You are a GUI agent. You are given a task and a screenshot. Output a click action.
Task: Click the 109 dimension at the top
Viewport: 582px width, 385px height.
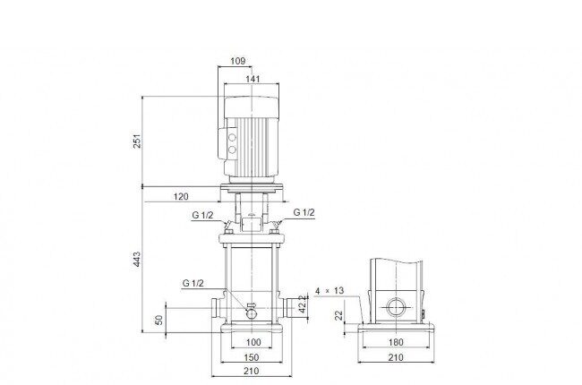[238, 61]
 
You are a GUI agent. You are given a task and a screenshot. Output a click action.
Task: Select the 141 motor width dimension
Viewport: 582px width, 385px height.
[252, 79]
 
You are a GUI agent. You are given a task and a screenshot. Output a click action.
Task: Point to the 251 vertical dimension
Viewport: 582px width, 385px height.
[137, 141]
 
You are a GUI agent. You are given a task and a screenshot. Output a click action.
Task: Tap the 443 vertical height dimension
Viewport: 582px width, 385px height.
[137, 259]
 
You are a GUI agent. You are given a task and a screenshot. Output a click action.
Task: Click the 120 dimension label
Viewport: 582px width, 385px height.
[181, 196]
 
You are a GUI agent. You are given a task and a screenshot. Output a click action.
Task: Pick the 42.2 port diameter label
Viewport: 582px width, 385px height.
[304, 304]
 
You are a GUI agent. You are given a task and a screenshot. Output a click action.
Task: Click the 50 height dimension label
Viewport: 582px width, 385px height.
[158, 320]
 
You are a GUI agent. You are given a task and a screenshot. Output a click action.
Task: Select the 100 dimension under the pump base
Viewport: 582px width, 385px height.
[253, 342]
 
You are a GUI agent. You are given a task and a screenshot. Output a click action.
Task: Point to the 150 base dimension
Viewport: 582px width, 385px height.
[252, 357]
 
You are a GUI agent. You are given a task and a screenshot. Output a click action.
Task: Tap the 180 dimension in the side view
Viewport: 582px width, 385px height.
[396, 342]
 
